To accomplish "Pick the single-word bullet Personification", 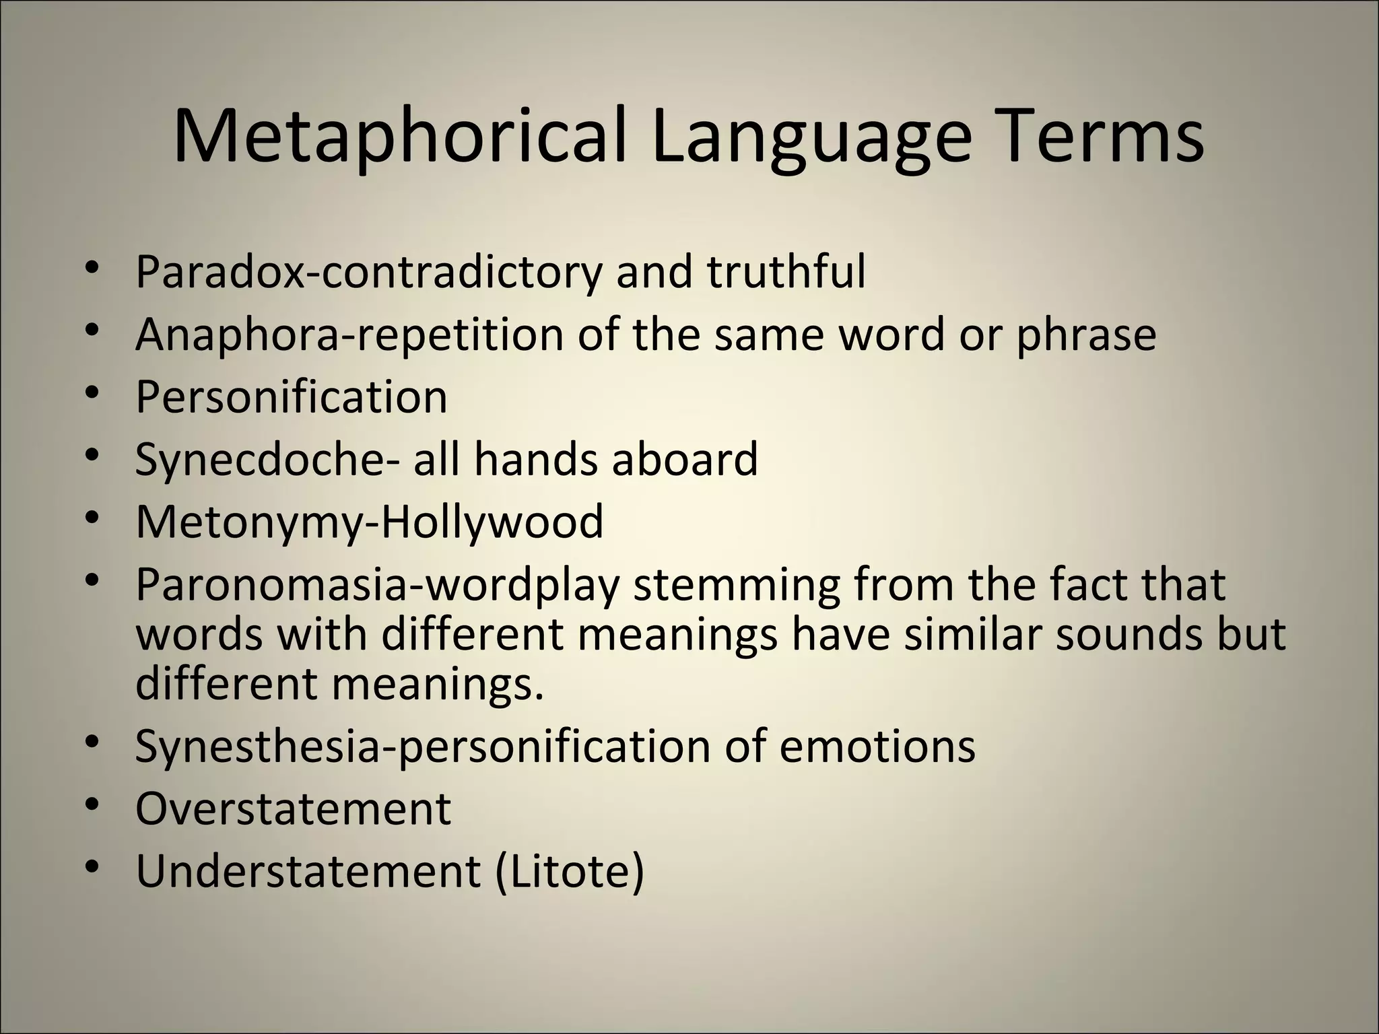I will (292, 397).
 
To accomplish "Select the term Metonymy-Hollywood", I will (370, 522).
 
